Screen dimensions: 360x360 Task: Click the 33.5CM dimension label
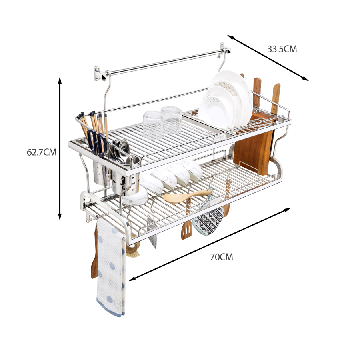click(x=282, y=49)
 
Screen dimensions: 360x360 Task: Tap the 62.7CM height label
click(x=42, y=152)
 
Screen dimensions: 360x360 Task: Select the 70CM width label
click(x=222, y=257)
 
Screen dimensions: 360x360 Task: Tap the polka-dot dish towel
click(x=111, y=266)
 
